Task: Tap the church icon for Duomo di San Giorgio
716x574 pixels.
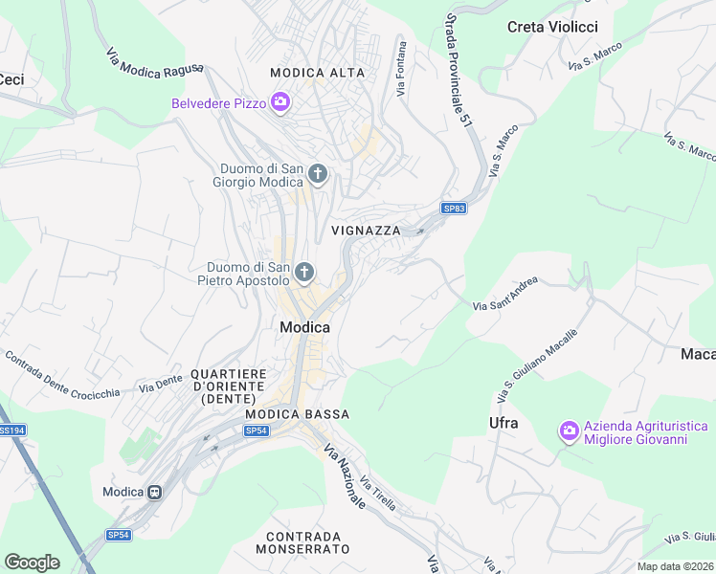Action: (318, 174)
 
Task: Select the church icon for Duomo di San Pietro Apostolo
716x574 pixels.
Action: (303, 274)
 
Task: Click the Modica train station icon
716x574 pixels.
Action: (153, 492)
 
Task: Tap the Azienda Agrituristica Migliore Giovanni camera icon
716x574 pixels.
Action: (570, 431)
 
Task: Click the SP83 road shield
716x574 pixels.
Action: (454, 208)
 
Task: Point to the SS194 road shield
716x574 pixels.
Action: (11, 431)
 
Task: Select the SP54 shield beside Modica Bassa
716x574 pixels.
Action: (256, 430)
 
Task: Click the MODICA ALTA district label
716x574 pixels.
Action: (312, 73)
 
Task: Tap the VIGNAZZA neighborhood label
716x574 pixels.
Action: (366, 231)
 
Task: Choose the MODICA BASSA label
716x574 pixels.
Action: (297, 414)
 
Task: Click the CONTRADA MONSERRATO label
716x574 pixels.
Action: (302, 542)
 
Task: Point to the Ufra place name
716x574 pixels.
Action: (503, 423)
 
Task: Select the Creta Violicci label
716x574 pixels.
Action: (552, 27)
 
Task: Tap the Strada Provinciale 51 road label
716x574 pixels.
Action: (460, 66)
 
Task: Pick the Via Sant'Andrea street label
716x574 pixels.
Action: (505, 295)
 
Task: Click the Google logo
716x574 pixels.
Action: (33, 562)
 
